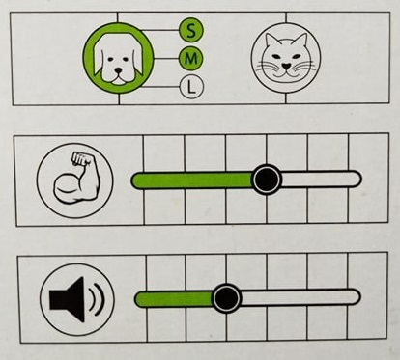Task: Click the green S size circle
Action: point(191,31)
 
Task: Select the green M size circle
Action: point(191,59)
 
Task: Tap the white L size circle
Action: point(191,87)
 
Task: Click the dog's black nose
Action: point(119,70)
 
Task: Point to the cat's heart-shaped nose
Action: point(286,66)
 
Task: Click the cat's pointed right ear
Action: point(300,42)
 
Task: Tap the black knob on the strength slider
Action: point(267,180)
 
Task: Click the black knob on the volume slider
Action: point(226,298)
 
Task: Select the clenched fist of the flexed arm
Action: point(79,158)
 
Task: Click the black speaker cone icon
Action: point(67,299)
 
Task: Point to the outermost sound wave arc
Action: point(100,299)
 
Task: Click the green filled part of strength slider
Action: point(192,180)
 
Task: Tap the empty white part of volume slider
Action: point(300,297)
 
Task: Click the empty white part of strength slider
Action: point(321,179)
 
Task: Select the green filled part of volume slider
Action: point(174,299)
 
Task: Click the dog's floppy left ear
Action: point(100,61)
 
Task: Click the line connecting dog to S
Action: point(160,30)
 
